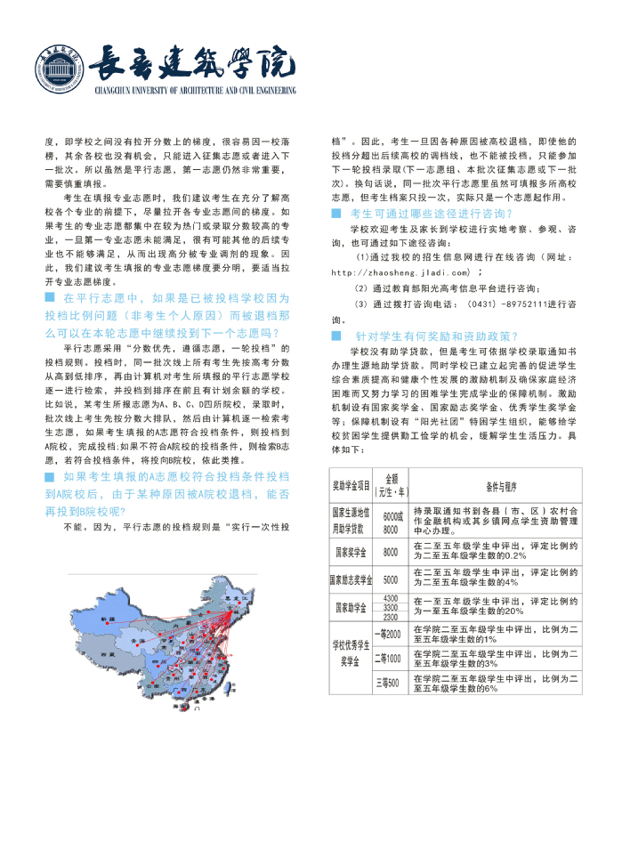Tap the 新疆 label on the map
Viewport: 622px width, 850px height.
point(109,617)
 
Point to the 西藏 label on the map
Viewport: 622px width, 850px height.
point(109,653)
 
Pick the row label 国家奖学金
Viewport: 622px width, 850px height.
point(351,552)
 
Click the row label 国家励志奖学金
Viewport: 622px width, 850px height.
point(351,579)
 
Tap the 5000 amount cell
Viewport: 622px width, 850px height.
point(391,579)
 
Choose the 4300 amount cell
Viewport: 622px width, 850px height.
point(391,598)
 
